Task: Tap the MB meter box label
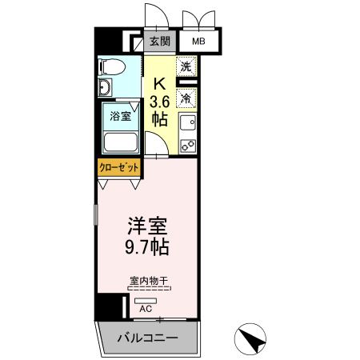click(x=195, y=41)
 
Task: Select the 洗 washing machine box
click(x=186, y=67)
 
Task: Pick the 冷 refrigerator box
click(x=186, y=98)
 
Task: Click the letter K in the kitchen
click(x=160, y=82)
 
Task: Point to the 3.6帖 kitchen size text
click(x=160, y=110)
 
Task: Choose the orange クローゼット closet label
click(x=119, y=167)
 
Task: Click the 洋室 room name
click(x=146, y=225)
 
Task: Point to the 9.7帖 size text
click(x=146, y=246)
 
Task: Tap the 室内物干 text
click(x=147, y=281)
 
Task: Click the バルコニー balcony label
click(x=147, y=338)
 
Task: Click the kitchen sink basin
click(x=188, y=124)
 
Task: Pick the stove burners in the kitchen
click(x=188, y=145)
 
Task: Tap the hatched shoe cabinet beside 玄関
click(x=133, y=41)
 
